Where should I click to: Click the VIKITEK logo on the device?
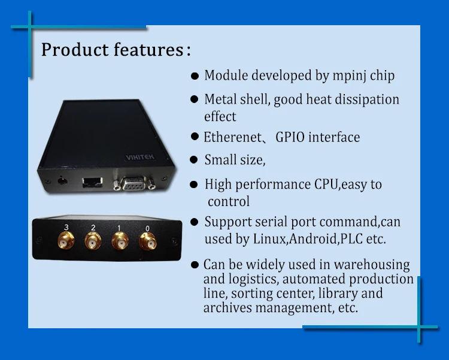pos(140,157)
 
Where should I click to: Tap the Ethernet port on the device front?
pos(92,182)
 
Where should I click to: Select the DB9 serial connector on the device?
pos(134,183)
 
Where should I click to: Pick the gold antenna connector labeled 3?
pos(66,240)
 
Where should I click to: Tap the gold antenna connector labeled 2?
pos(93,241)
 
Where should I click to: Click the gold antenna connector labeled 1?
pos(120,241)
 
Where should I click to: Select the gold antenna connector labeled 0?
pos(147,241)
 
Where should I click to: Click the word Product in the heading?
pos(75,49)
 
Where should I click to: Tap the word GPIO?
pos(290,137)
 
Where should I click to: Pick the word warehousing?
pos(372,265)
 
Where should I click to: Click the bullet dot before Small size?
pos(194,160)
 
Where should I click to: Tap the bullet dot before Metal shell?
pos(194,99)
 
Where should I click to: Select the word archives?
pos(227,308)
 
